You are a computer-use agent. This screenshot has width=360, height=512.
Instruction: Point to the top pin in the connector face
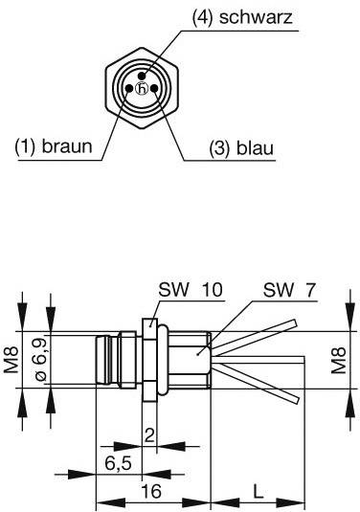click(x=141, y=76)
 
